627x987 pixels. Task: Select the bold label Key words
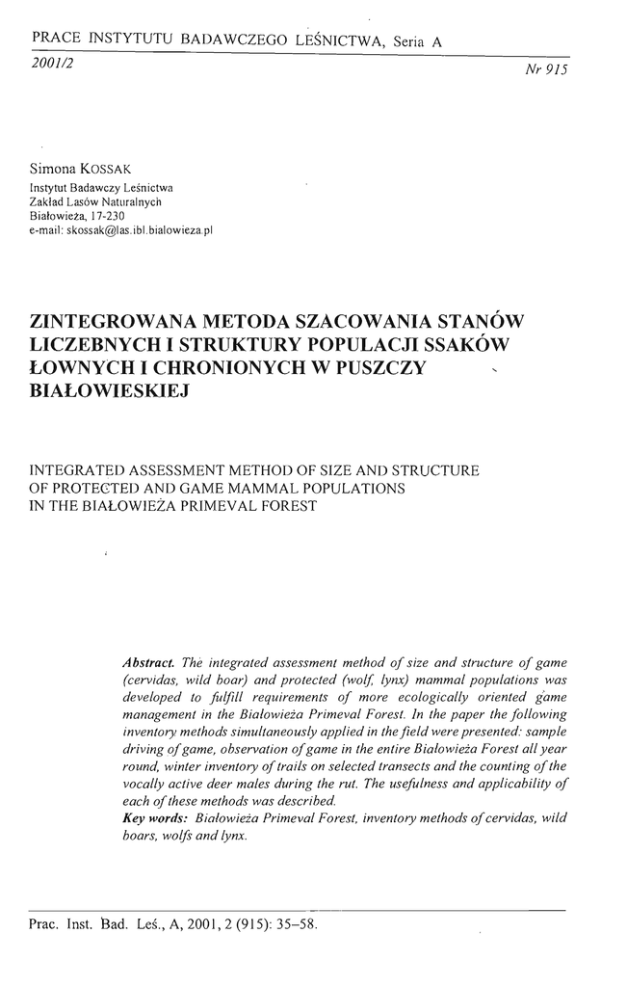point(155,817)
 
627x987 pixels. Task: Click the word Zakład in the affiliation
point(50,202)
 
